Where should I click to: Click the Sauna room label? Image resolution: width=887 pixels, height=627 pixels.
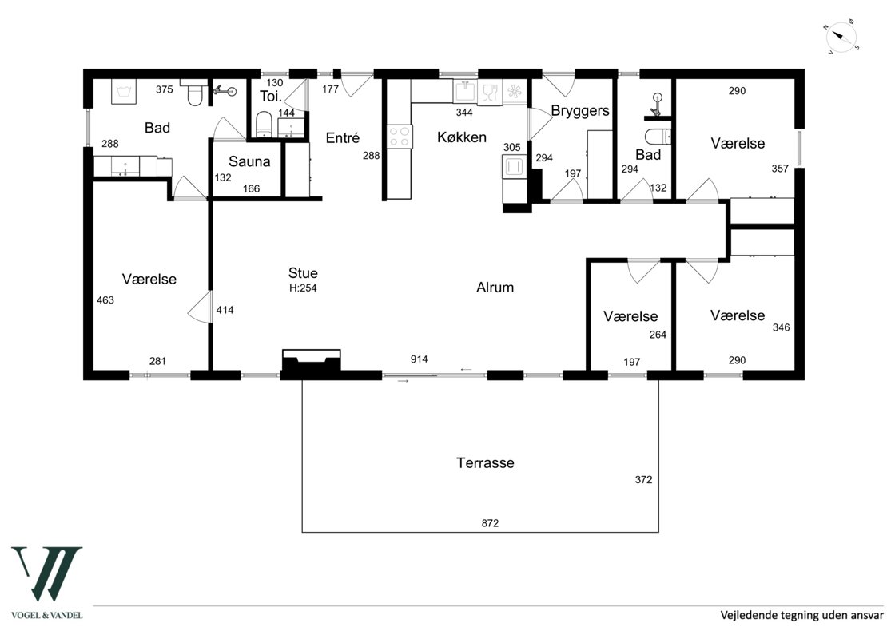pyautogui.click(x=249, y=161)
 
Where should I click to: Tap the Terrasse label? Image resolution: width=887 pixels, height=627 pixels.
pyautogui.click(x=485, y=463)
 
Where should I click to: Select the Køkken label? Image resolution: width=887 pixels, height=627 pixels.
pyautogui.click(x=462, y=137)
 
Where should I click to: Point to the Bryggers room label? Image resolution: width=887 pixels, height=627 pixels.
pyautogui.click(x=580, y=111)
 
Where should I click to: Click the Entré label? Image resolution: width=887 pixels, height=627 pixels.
pyautogui.click(x=343, y=138)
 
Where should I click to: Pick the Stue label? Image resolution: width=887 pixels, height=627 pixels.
pyautogui.click(x=303, y=273)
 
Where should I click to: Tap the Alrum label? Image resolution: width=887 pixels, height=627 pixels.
pyautogui.click(x=495, y=288)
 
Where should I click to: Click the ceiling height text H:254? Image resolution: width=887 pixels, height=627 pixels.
pyautogui.click(x=303, y=288)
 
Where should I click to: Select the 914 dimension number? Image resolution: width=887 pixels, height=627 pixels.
pyautogui.click(x=420, y=359)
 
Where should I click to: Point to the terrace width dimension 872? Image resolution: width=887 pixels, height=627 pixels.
pyautogui.click(x=490, y=523)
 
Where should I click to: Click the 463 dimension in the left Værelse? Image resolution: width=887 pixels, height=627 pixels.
pyautogui.click(x=105, y=300)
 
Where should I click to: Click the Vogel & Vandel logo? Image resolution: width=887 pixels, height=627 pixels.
pyautogui.click(x=47, y=582)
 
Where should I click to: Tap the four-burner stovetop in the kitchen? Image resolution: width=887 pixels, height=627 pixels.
pyautogui.click(x=400, y=137)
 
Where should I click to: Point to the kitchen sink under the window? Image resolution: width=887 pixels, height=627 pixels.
pyautogui.click(x=465, y=91)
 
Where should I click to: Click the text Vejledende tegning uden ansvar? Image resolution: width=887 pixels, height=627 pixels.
pyautogui.click(x=801, y=614)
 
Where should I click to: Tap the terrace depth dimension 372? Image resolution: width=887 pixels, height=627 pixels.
pyautogui.click(x=644, y=480)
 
